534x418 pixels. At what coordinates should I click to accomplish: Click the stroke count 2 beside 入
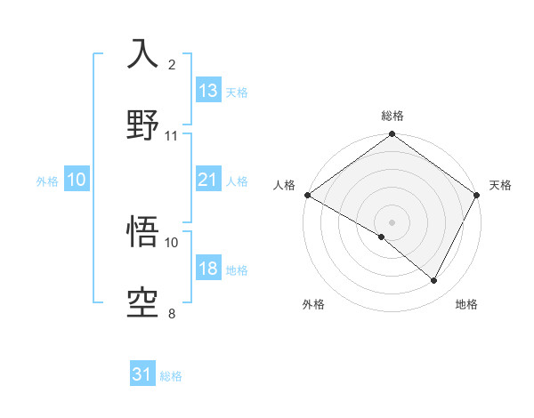pos(172,65)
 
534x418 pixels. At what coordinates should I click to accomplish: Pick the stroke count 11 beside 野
pos(172,135)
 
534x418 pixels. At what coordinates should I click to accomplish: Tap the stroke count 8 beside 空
pos(172,313)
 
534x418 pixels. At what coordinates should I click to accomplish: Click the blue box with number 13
pos(208,91)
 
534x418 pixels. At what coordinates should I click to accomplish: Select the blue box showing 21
pos(208,180)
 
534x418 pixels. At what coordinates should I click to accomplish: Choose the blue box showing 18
pos(208,269)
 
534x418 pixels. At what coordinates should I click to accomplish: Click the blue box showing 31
pos(142,375)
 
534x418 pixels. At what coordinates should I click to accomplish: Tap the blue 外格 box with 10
pos(77,180)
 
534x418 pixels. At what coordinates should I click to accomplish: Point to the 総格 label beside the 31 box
pos(171,376)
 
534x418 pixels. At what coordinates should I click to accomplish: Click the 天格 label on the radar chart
pos(500,185)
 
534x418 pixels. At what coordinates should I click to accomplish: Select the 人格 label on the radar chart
pos(285,185)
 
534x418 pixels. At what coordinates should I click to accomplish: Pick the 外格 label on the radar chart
pos(313,304)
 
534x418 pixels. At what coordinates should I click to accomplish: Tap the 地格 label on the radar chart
pos(466,304)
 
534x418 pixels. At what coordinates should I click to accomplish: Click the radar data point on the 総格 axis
pos(392,135)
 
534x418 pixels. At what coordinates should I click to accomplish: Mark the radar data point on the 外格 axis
pos(382,237)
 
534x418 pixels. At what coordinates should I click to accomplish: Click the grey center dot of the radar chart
pos(392,221)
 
